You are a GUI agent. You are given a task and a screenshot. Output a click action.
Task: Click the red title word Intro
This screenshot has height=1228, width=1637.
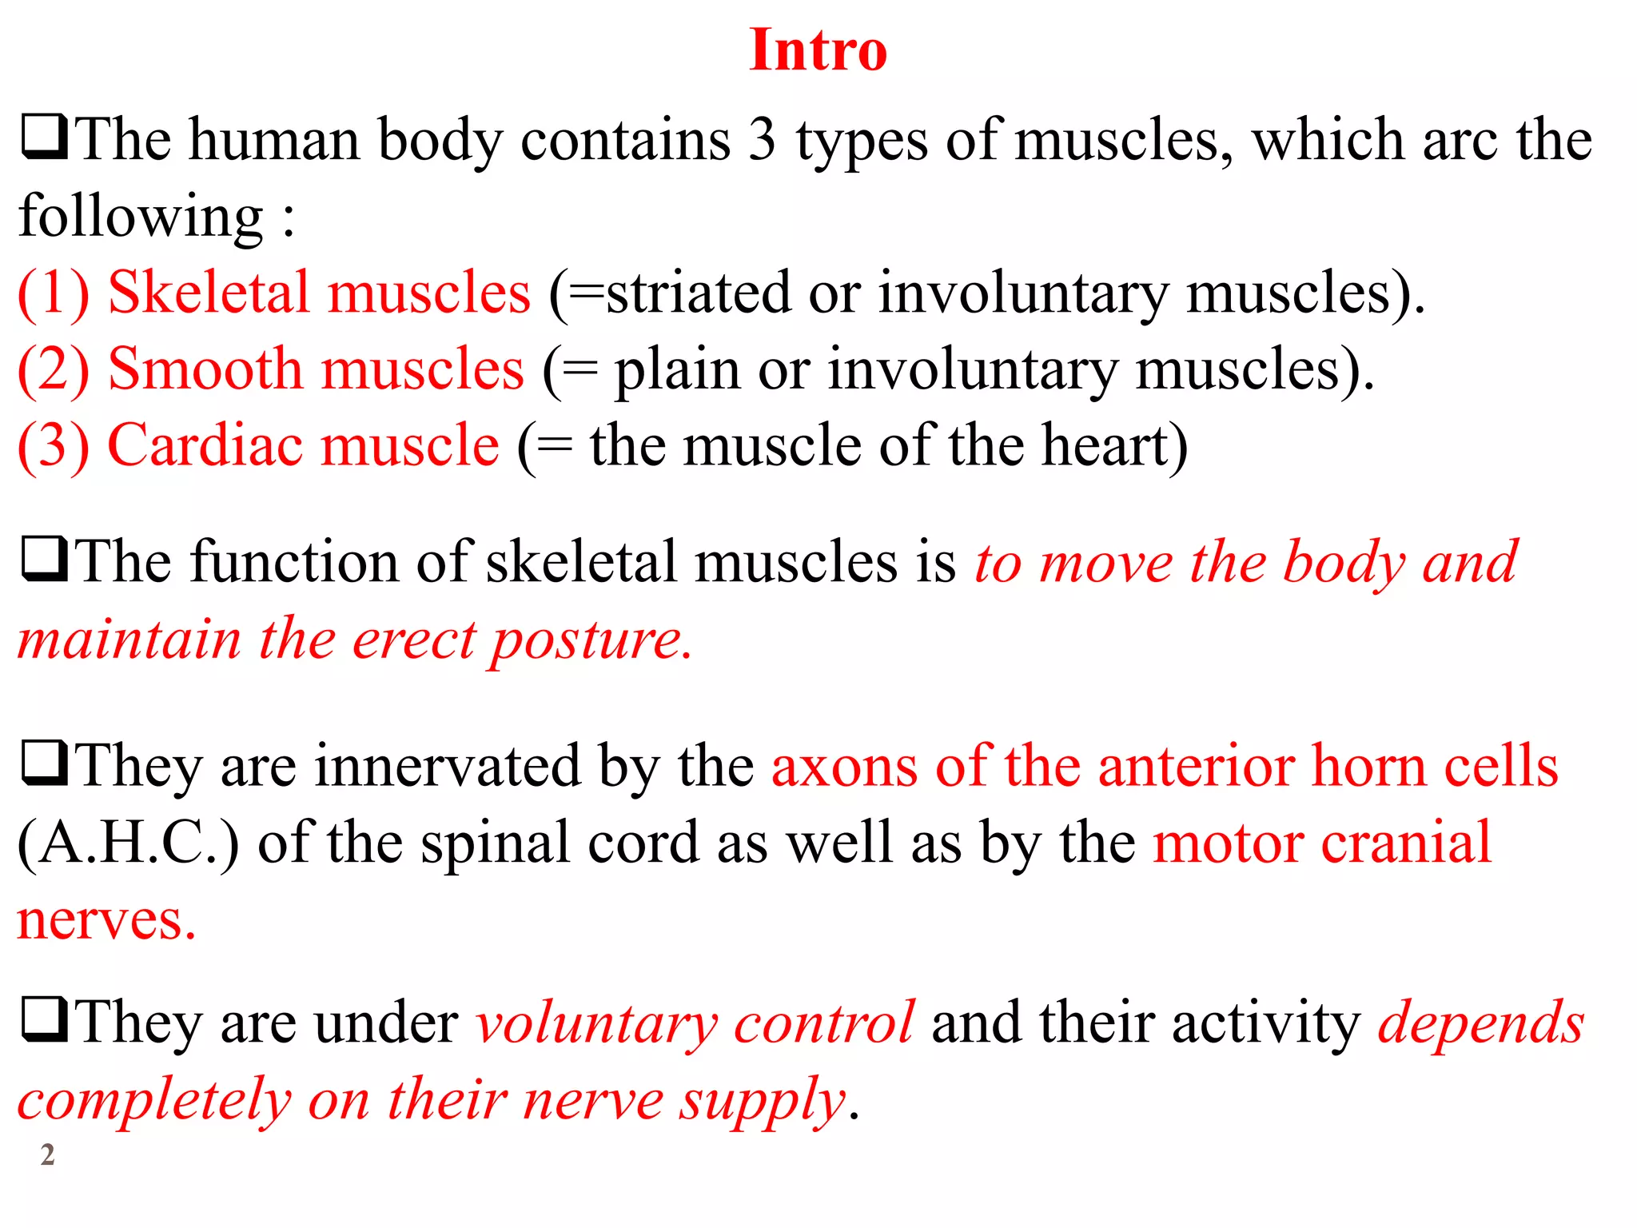coord(818,50)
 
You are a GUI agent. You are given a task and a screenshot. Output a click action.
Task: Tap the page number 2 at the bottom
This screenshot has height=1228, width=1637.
coord(48,1154)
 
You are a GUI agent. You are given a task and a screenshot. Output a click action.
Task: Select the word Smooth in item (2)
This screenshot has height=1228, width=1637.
coord(205,369)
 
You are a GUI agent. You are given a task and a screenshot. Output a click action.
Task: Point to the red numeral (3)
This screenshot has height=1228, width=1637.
coord(54,445)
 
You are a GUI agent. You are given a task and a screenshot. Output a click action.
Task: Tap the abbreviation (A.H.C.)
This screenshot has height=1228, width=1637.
coord(128,843)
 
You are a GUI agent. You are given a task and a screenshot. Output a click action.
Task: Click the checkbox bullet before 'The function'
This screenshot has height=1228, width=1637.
coord(45,560)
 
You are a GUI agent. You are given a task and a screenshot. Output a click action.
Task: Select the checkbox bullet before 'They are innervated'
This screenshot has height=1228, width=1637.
coord(45,764)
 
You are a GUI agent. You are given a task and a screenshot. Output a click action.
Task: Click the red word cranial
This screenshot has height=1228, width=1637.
coord(1406,843)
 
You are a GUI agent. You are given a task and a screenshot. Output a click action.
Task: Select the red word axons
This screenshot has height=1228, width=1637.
coord(845,767)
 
